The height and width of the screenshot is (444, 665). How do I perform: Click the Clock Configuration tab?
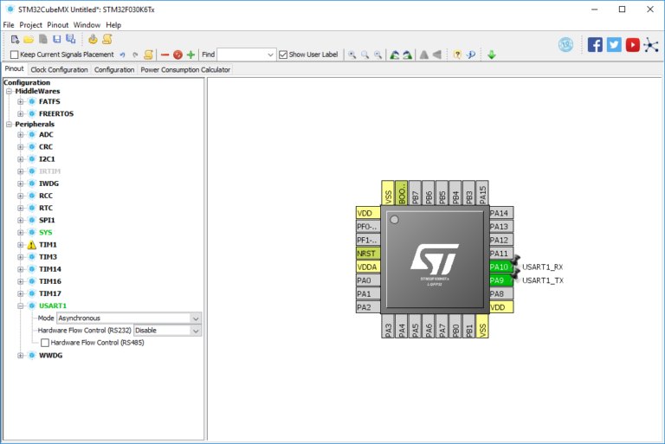tap(59, 69)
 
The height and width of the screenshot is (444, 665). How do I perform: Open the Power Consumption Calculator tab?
tap(185, 69)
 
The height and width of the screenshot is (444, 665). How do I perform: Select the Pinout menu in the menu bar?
tap(58, 25)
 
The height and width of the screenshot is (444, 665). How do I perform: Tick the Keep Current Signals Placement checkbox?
tap(14, 55)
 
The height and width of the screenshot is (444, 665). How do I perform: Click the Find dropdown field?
tap(246, 55)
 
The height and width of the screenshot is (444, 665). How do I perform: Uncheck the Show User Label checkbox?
tap(283, 55)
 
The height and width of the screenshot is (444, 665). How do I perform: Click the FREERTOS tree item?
tap(55, 113)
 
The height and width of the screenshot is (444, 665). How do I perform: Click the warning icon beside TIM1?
tap(31, 245)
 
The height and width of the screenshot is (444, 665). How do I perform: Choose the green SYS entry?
tap(46, 233)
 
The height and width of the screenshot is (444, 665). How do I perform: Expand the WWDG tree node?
tap(21, 355)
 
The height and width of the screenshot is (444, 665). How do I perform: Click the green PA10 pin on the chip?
tap(500, 267)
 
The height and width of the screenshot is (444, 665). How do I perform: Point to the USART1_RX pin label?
tap(542, 267)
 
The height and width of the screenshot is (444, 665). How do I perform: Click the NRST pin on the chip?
tap(368, 253)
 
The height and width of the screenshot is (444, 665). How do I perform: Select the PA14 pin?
tap(500, 213)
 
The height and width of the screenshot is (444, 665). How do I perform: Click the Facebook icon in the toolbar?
tap(595, 45)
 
